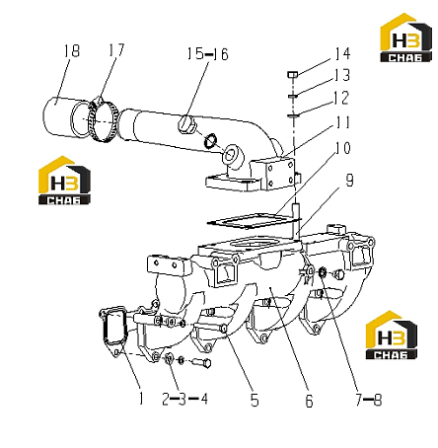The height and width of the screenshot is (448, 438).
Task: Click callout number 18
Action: point(72,51)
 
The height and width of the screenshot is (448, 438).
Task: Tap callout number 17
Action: point(116,50)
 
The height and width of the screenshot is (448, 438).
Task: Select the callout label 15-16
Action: point(207,54)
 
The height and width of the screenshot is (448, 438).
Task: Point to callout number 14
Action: point(342,53)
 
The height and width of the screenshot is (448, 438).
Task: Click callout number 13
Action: point(342,75)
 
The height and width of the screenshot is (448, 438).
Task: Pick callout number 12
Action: point(341,98)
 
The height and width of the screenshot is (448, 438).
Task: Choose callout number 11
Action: point(342,122)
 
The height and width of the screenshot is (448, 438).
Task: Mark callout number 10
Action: point(343,148)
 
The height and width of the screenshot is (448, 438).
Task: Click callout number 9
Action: point(349,181)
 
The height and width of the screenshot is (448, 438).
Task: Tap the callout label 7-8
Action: point(368,400)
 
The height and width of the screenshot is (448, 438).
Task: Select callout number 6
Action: point(309,401)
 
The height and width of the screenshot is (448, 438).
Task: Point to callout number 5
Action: point(255,400)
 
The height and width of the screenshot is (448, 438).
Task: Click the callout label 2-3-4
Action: point(185,399)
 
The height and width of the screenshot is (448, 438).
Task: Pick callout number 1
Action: point(141,399)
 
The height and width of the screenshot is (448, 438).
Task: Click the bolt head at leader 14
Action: point(293,75)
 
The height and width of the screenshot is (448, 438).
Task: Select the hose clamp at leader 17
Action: point(104,120)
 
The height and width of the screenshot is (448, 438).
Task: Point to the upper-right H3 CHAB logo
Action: point(405,37)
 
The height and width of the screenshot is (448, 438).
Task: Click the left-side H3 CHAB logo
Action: point(64,181)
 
